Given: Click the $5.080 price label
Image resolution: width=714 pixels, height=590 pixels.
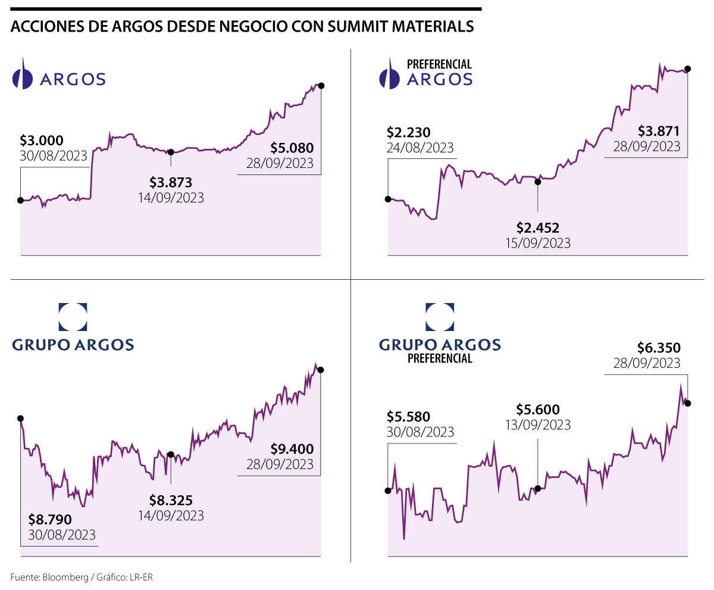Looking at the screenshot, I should pyautogui.click(x=292, y=147).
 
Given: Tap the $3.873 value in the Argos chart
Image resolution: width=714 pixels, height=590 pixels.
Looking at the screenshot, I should pyautogui.click(x=171, y=182).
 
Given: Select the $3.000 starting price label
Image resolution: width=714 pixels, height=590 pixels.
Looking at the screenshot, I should pyautogui.click(x=41, y=141).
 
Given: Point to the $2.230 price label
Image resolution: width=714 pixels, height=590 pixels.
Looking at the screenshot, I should pyautogui.click(x=408, y=132).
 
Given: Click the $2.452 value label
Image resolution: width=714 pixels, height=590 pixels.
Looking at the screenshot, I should pyautogui.click(x=537, y=227).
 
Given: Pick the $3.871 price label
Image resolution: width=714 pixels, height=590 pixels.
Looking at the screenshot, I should pyautogui.click(x=659, y=131).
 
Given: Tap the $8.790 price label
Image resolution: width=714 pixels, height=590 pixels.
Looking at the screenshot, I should pyautogui.click(x=50, y=520).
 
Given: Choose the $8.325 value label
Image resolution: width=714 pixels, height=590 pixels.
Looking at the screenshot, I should pyautogui.click(x=171, y=500).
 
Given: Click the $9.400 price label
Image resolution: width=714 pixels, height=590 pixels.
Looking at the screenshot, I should pyautogui.click(x=292, y=448).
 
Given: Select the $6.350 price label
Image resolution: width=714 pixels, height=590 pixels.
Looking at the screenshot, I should pyautogui.click(x=659, y=347).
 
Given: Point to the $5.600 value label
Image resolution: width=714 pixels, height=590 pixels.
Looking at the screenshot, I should pyautogui.click(x=537, y=409).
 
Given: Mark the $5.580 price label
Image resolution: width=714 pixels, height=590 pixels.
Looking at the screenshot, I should pyautogui.click(x=408, y=416).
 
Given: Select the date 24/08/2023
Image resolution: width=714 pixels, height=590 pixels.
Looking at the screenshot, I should pyautogui.click(x=420, y=148).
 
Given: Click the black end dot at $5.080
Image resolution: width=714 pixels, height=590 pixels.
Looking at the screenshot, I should pyautogui.click(x=321, y=85).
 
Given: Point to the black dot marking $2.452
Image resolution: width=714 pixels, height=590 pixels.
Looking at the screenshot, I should pyautogui.click(x=538, y=182).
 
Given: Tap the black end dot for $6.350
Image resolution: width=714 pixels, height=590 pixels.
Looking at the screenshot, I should pyautogui.click(x=688, y=403).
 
